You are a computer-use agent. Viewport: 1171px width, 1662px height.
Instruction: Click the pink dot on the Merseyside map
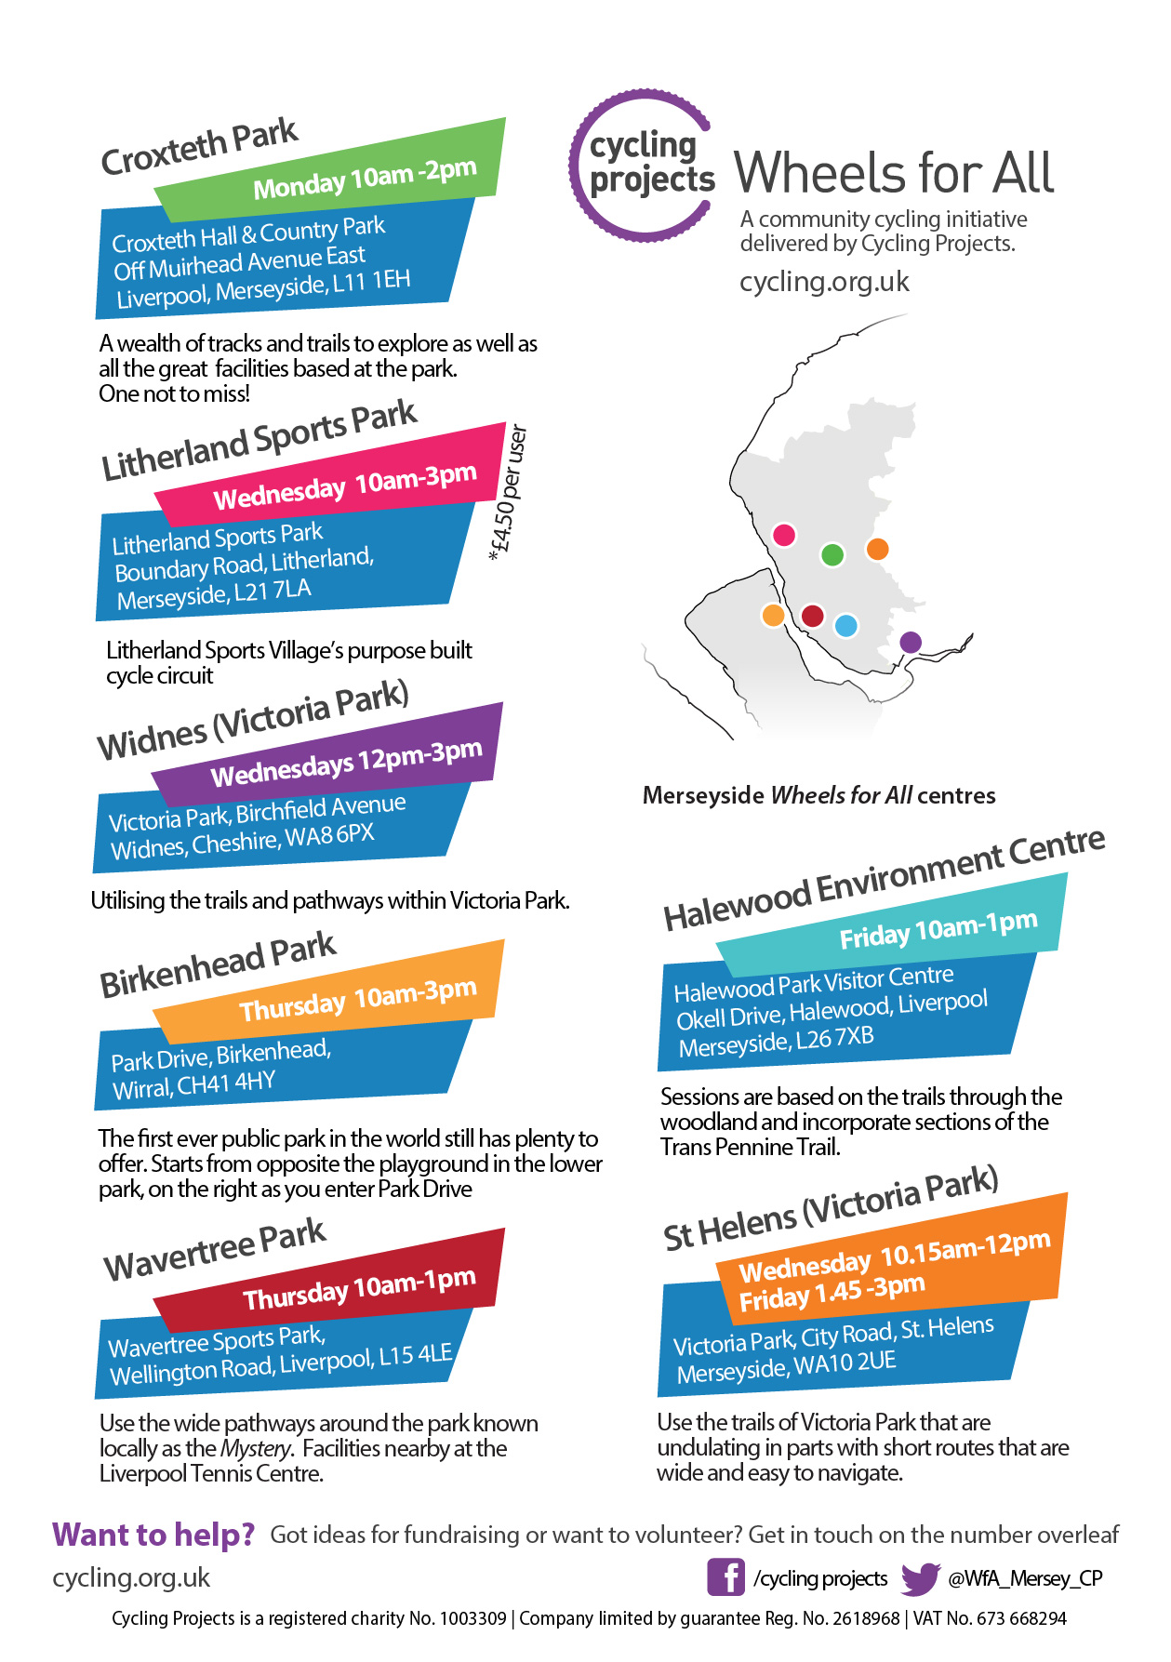[784, 535]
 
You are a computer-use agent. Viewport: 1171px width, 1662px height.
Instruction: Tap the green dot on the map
[832, 555]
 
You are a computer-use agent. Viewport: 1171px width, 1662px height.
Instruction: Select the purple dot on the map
[911, 642]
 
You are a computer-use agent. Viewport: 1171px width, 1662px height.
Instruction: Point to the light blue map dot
[845, 626]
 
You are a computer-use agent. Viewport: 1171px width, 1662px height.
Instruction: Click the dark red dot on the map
[812, 616]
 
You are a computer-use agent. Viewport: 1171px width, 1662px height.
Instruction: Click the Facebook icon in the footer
[725, 1577]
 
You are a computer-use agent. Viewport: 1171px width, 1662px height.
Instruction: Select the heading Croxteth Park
[199, 147]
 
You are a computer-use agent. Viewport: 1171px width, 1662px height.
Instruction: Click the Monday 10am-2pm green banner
[365, 178]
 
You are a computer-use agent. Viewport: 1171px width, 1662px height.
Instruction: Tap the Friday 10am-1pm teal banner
[938, 929]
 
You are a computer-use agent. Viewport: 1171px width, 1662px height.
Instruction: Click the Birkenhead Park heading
[218, 965]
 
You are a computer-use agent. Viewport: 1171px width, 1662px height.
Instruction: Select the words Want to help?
[153, 1535]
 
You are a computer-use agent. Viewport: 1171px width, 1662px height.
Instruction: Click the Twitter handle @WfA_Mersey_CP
[1025, 1578]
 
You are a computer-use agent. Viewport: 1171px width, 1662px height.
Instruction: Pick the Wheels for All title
[894, 173]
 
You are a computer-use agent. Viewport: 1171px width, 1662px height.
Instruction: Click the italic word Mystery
[256, 1449]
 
